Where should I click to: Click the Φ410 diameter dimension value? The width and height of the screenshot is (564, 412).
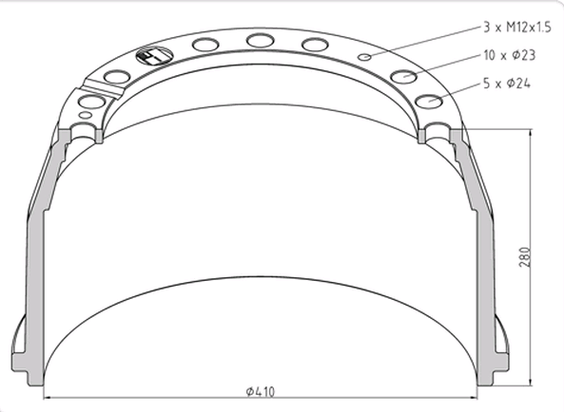[260, 390]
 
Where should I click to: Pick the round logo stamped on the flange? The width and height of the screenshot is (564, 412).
[149, 58]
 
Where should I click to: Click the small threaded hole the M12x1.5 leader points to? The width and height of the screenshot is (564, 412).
[365, 56]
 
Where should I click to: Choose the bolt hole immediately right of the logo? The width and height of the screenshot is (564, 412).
[205, 44]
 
